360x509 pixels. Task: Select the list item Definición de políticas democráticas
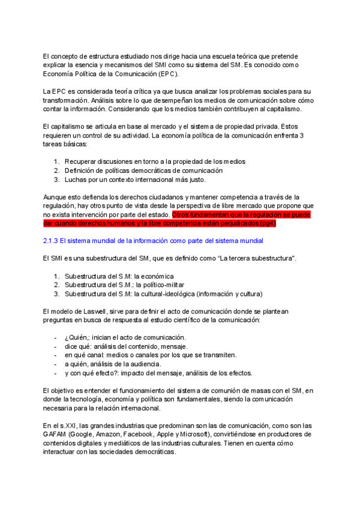tap(142, 170)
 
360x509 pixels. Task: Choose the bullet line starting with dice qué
tap(125, 346)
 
